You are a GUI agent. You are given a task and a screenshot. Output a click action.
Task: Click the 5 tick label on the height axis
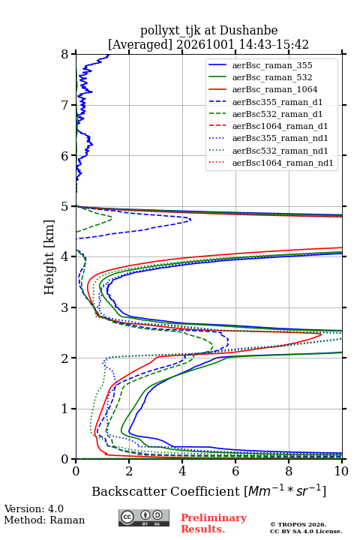pyautogui.click(x=64, y=207)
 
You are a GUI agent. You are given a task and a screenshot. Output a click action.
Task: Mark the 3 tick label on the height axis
pyautogui.click(x=64, y=307)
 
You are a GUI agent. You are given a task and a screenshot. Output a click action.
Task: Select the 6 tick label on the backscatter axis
pyautogui.click(x=235, y=471)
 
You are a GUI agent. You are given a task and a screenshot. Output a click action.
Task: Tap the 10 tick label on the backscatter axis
pyautogui.click(x=341, y=471)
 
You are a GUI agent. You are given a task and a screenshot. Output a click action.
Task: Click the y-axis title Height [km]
pyautogui.click(x=49, y=257)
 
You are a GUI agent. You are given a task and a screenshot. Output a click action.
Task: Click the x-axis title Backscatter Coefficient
pyautogui.click(x=165, y=491)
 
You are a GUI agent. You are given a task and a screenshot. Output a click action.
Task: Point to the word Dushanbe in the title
pyautogui.click(x=248, y=30)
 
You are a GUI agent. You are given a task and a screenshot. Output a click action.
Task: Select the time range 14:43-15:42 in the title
pyautogui.click(x=271, y=44)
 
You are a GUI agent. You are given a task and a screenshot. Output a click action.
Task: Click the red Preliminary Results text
pyautogui.click(x=214, y=523)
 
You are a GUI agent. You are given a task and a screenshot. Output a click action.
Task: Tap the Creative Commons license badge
pyautogui.click(x=144, y=518)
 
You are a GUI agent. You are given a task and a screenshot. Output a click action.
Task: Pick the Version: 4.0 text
pyautogui.click(x=34, y=508)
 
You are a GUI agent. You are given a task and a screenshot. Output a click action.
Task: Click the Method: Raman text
pyautogui.click(x=44, y=520)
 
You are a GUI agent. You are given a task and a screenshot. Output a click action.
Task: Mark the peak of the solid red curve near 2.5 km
pyautogui.click(x=322, y=334)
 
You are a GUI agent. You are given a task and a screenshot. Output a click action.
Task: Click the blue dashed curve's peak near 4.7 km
pyautogui.click(x=190, y=219)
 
